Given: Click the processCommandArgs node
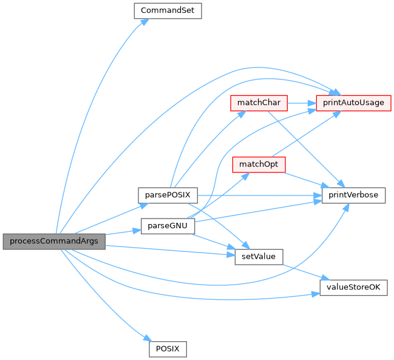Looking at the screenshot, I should [x=53, y=240].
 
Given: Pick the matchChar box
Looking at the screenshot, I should [x=259, y=103].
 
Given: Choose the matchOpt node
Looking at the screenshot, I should [x=259, y=164].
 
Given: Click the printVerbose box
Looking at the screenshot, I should [x=353, y=195].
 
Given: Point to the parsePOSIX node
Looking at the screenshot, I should [x=165, y=195].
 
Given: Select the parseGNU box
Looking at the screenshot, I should [x=167, y=226].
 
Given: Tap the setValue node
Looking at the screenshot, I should [x=259, y=257].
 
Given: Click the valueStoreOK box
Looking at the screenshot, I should [x=353, y=288].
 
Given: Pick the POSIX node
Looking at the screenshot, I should [x=168, y=349].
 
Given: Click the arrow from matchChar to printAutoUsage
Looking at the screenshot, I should [x=301, y=103].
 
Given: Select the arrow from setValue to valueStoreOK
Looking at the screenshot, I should [x=301, y=271].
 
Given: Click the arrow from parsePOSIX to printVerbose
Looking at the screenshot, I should [x=255, y=195].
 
